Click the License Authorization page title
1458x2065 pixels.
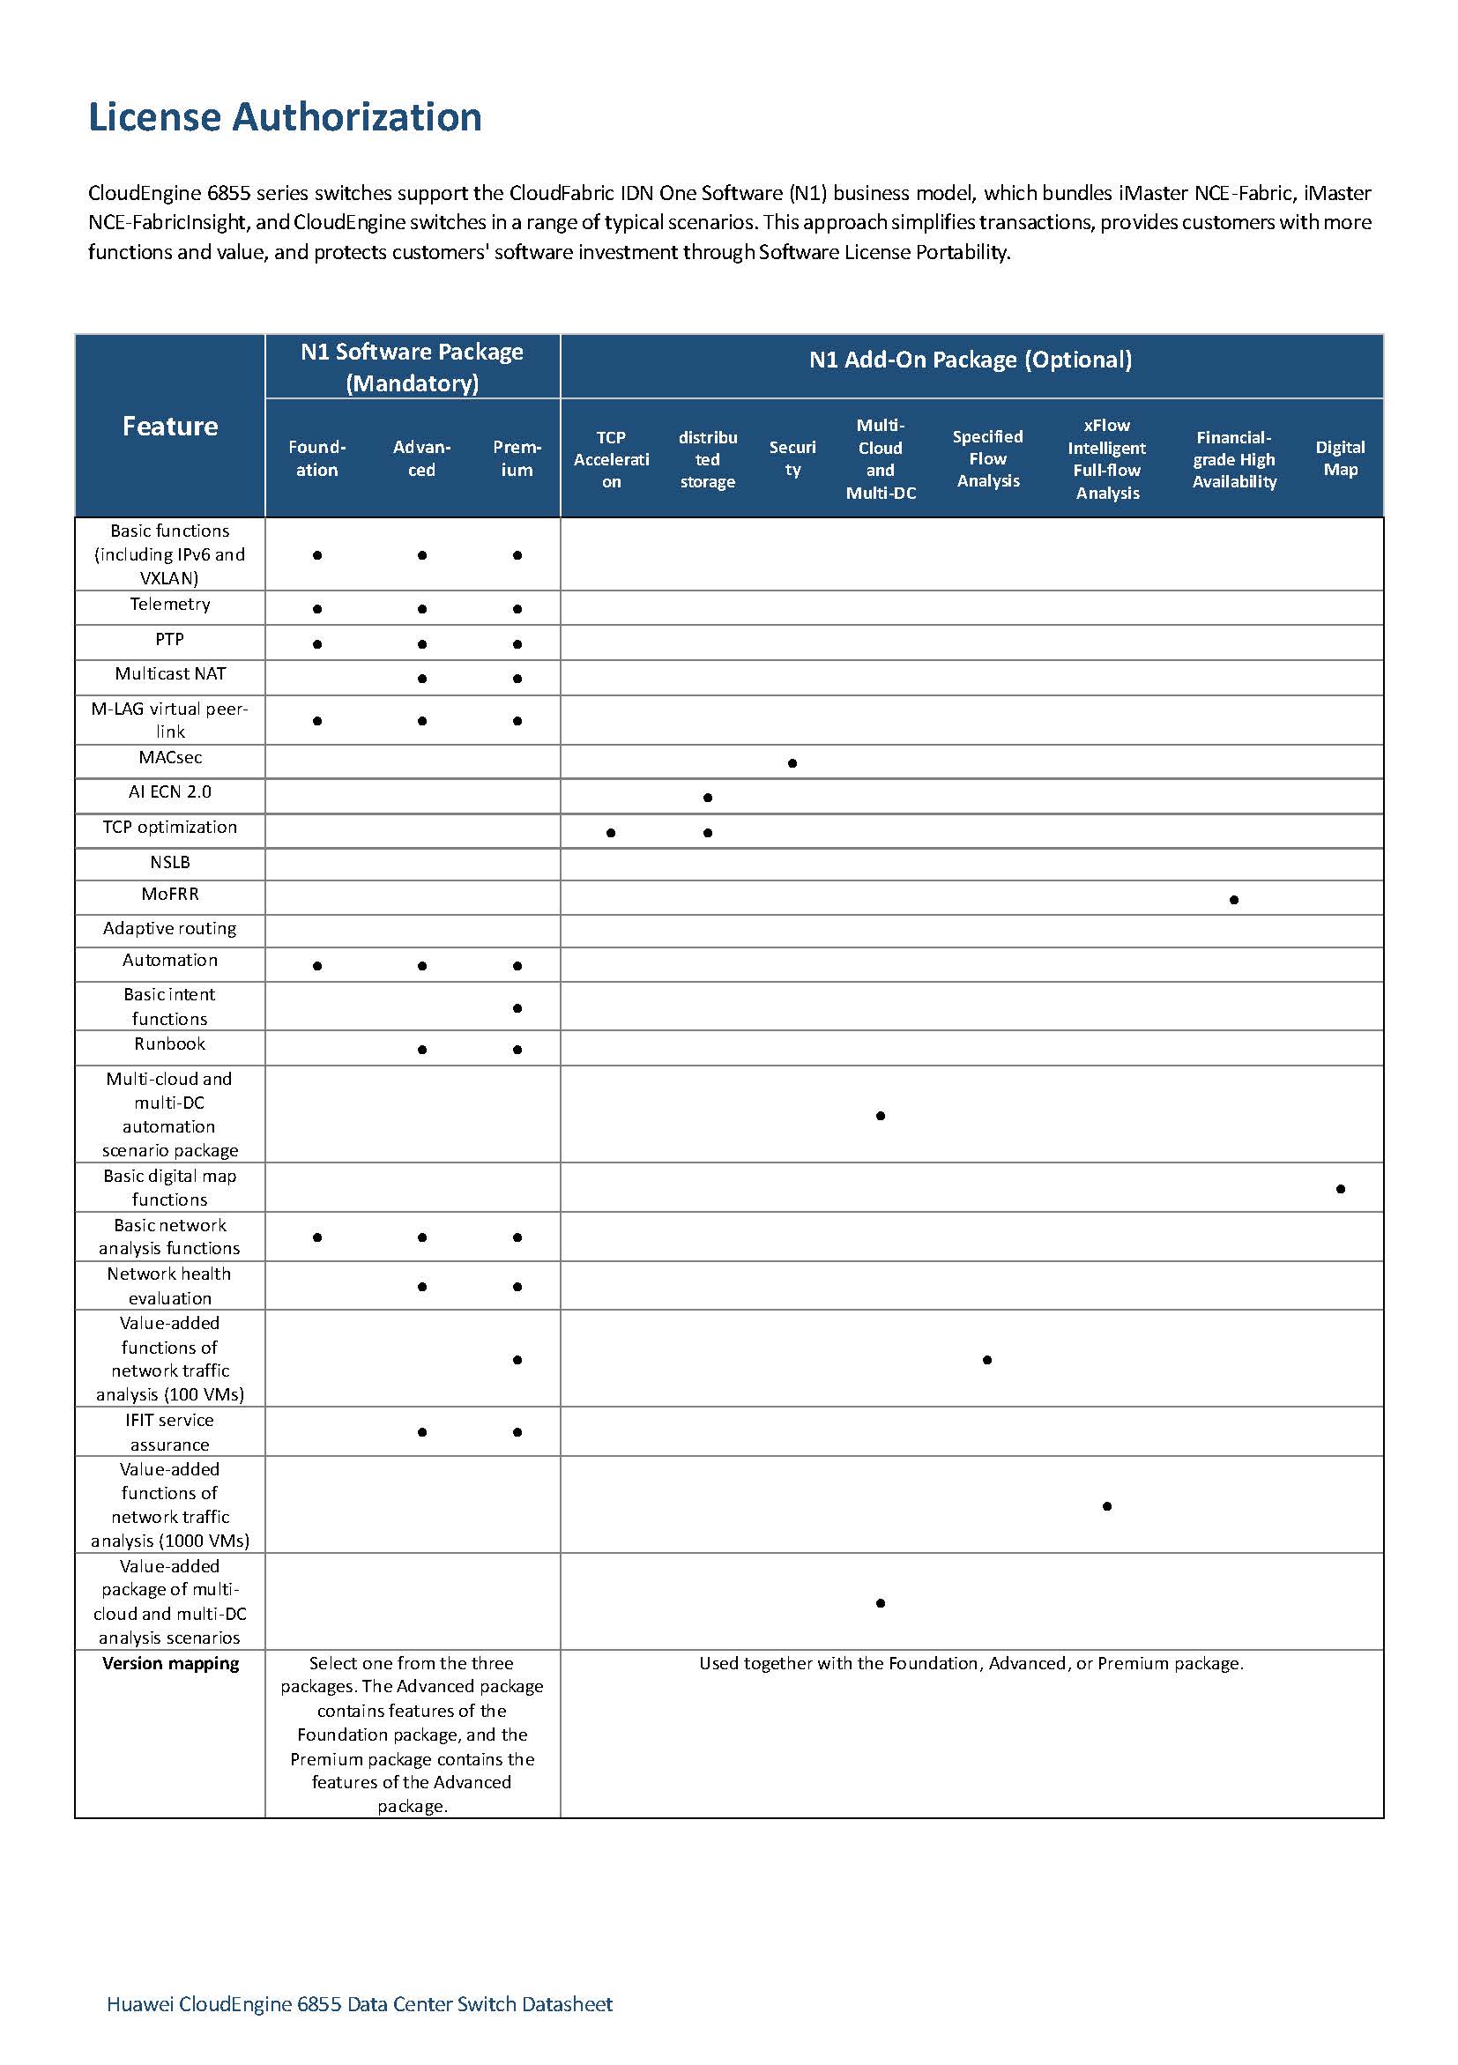pos(284,117)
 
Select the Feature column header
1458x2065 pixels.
pos(170,426)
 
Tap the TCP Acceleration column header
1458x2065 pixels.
pos(611,458)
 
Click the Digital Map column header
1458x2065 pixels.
pos(1339,457)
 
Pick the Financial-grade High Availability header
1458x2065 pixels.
pos(1233,458)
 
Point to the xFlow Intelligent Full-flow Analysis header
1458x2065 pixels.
pos(1106,458)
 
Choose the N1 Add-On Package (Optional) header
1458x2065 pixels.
pos(971,360)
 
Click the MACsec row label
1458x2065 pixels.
pos(170,757)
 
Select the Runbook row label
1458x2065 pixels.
pos(170,1044)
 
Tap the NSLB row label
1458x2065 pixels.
pos(170,862)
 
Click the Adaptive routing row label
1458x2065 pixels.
pos(170,928)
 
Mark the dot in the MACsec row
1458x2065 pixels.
pos(792,763)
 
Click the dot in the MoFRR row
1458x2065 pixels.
pos(1233,899)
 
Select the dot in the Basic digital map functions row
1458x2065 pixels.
pos(1340,1189)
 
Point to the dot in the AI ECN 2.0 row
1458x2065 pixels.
pos(708,798)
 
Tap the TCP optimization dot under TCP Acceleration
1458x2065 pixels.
pos(611,833)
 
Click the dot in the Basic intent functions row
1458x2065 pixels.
pos(517,1008)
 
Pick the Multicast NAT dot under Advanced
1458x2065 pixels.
pos(422,679)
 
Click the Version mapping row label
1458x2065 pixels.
pos(170,1663)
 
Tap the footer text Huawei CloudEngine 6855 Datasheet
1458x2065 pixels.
pos(359,2004)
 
